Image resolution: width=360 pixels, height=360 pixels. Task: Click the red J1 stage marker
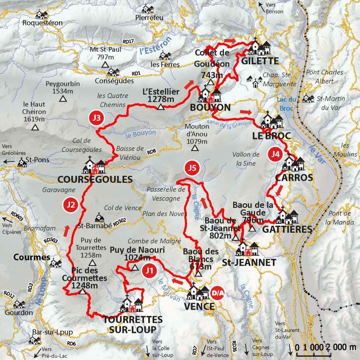click(x=149, y=270)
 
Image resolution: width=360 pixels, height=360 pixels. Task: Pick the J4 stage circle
click(x=275, y=154)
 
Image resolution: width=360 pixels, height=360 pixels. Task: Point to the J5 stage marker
click(x=191, y=168)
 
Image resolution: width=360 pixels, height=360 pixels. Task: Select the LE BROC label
click(x=271, y=136)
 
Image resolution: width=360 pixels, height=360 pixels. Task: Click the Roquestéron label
click(x=42, y=23)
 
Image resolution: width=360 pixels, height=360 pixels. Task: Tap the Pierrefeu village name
click(x=149, y=17)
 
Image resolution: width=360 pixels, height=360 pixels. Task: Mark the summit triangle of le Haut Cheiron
click(x=35, y=128)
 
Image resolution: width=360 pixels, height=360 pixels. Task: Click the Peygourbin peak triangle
click(x=63, y=99)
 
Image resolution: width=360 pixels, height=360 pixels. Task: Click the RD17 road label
click(x=129, y=42)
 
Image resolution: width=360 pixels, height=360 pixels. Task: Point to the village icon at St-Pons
click(x=21, y=163)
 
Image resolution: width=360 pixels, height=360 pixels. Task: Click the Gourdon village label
click(x=19, y=313)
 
